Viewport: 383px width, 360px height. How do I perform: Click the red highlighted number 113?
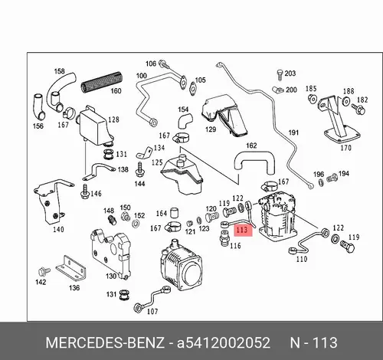coord(242,230)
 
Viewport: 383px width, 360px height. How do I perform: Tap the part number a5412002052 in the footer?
coord(224,342)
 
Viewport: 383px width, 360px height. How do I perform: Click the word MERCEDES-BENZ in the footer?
coord(105,342)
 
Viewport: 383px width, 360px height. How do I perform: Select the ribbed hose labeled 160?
coord(102,82)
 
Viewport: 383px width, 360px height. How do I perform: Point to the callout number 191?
coord(293,133)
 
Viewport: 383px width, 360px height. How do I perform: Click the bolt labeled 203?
coord(280,75)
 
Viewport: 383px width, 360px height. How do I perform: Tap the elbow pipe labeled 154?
coord(185,121)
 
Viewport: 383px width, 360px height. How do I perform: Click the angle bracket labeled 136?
coord(70,267)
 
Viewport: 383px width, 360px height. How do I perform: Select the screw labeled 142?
coord(44,271)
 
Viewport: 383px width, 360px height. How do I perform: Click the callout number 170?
coord(346,148)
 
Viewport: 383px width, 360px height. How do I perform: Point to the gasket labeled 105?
coord(192,89)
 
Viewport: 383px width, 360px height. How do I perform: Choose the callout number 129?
coord(211,129)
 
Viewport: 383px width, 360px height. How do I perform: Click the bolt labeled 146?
coord(85,191)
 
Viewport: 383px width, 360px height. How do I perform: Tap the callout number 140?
coord(58,230)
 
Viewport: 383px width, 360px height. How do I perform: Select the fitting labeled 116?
coord(224,238)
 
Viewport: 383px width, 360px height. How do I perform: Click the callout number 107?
coord(152,311)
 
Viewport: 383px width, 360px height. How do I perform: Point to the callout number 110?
coord(301,259)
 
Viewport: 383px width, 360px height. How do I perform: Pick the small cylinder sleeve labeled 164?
coord(174,213)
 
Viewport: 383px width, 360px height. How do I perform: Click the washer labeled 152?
coord(136,224)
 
